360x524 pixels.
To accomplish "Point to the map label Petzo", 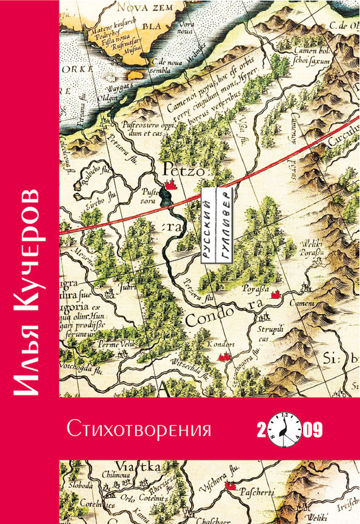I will (x=180, y=169).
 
